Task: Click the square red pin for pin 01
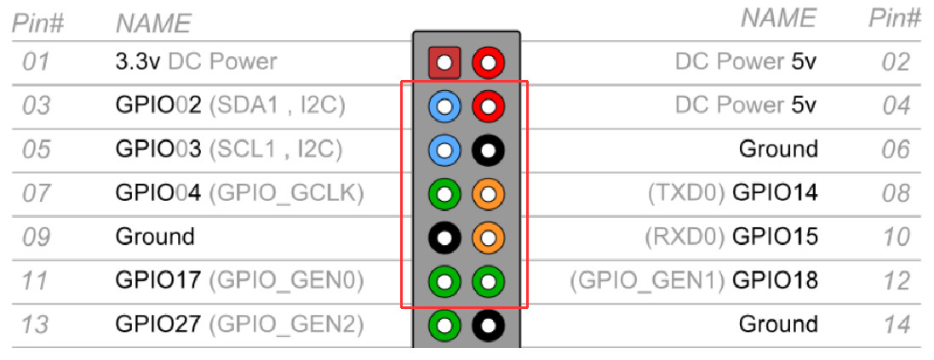[444, 62]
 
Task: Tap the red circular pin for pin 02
[488, 62]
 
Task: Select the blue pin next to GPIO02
[444, 106]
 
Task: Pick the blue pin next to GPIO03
[444, 151]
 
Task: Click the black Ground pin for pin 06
[488, 151]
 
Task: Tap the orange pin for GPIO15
[488, 238]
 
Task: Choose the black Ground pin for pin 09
[444, 238]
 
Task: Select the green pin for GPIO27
[444, 325]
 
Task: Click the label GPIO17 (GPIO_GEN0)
[239, 280]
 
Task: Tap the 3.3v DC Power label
[196, 61]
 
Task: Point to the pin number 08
[896, 193]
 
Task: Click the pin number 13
[35, 324]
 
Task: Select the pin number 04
[896, 106]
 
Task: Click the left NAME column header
[153, 23]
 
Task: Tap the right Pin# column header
[894, 19]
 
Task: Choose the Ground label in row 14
[777, 324]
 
